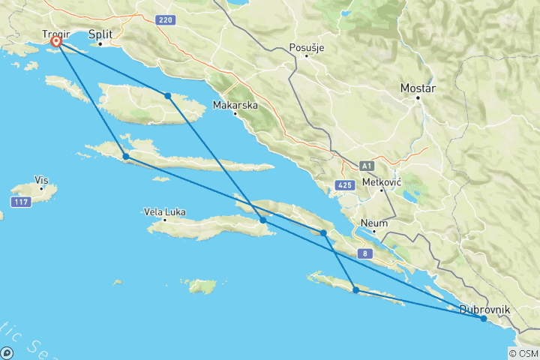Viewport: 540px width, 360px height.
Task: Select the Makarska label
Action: tap(235, 104)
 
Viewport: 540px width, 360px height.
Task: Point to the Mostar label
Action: tap(418, 88)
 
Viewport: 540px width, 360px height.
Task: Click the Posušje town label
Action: tap(307, 48)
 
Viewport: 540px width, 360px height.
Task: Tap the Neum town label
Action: tap(375, 223)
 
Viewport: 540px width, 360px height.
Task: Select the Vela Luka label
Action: tap(164, 211)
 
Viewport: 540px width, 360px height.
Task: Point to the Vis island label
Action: tap(41, 180)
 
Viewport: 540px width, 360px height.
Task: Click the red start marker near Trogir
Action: tap(55, 43)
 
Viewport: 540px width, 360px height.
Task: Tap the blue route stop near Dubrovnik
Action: tap(483, 319)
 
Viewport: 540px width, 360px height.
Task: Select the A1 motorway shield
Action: tap(366, 166)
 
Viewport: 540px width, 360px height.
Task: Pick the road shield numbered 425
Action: tap(345, 184)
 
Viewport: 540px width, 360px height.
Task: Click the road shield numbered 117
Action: tap(20, 202)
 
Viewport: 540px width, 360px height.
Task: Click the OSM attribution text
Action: tap(529, 354)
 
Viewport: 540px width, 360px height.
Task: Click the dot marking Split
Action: tap(100, 43)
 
